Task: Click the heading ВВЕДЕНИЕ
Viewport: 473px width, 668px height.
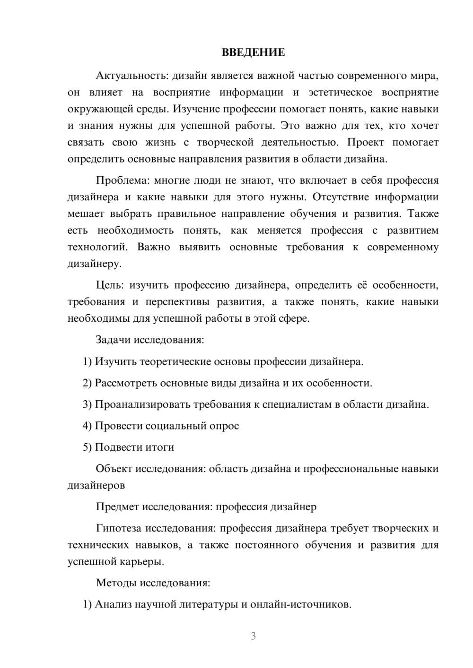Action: [253, 52]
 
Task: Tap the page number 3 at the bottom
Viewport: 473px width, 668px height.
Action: [253, 636]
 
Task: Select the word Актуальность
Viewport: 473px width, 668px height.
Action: [132, 76]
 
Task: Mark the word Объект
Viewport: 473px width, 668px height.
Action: [114, 469]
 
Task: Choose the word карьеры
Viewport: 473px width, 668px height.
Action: [145, 562]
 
